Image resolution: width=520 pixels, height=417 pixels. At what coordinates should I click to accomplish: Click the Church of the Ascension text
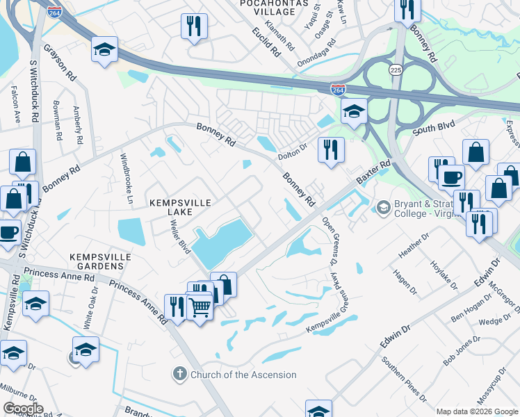pos(243,375)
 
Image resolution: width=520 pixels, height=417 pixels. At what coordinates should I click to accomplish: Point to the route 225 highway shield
pos(396,70)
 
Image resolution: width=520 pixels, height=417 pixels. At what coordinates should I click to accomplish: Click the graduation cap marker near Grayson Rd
pos(104,49)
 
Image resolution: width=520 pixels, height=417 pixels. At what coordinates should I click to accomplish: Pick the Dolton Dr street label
pos(292,147)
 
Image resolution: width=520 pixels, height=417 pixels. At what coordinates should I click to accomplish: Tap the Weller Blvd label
pos(179,237)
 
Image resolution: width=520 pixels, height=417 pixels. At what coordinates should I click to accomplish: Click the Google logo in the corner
pos(23,409)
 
